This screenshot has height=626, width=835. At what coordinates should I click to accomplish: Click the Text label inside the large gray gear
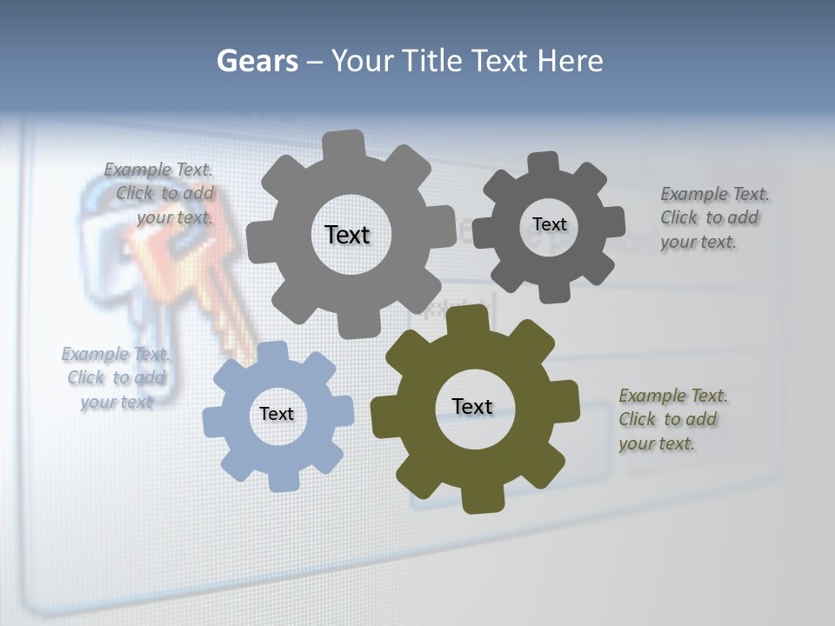pos(347,235)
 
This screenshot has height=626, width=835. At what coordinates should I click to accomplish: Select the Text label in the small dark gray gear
pos(549,224)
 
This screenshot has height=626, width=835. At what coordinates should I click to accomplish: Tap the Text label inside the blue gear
pos(277,414)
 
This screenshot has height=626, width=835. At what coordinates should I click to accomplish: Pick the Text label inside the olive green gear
pos(472,406)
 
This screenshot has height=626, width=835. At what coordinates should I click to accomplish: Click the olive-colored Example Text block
pos(672,419)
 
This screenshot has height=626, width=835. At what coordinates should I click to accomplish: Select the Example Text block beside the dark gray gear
pos(714,217)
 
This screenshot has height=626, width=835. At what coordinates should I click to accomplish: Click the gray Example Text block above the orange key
pos(160,193)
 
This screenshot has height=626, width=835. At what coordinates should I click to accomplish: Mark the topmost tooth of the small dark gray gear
pos(544,163)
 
